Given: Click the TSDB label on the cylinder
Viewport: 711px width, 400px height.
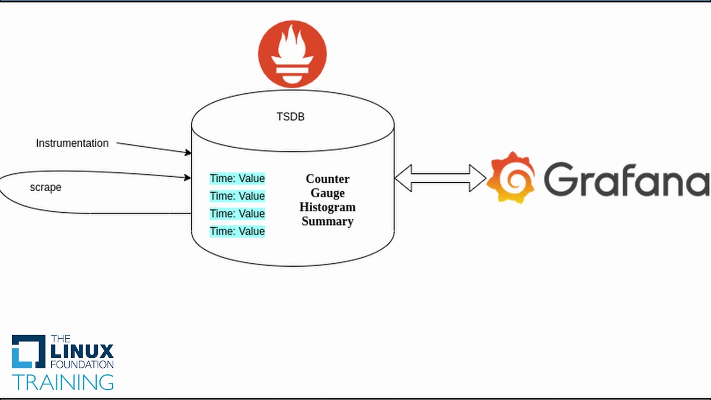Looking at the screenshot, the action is point(291,117).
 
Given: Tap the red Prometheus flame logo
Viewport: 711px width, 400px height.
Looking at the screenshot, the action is point(292,54).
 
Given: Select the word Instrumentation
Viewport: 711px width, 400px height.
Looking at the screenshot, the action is point(72,143).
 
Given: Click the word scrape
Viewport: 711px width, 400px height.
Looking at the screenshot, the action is point(46,187).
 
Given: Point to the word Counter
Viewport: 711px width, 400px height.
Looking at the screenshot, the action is point(328,179).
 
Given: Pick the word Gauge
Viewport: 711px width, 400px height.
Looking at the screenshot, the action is point(328,193).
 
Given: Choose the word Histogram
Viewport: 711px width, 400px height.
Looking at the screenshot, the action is point(328,207).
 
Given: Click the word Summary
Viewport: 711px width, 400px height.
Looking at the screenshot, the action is point(328,221).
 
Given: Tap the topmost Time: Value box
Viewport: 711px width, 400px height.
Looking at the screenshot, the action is point(237,178).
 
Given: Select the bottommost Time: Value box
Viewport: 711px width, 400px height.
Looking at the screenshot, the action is point(237,231).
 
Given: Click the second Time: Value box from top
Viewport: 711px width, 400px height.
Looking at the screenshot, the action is point(237,196).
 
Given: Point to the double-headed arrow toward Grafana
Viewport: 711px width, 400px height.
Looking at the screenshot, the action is point(440,178).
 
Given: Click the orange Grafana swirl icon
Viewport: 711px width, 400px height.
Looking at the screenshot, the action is point(512,177).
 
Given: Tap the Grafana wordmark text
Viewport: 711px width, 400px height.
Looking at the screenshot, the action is point(627,179).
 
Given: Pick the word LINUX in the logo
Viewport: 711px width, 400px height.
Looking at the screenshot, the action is point(82,352).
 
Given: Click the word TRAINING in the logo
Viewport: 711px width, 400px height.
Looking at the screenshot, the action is point(63,382).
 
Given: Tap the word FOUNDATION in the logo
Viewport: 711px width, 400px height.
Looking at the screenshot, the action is point(82,364).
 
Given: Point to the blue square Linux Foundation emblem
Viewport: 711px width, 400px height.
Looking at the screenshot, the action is point(28,352).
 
